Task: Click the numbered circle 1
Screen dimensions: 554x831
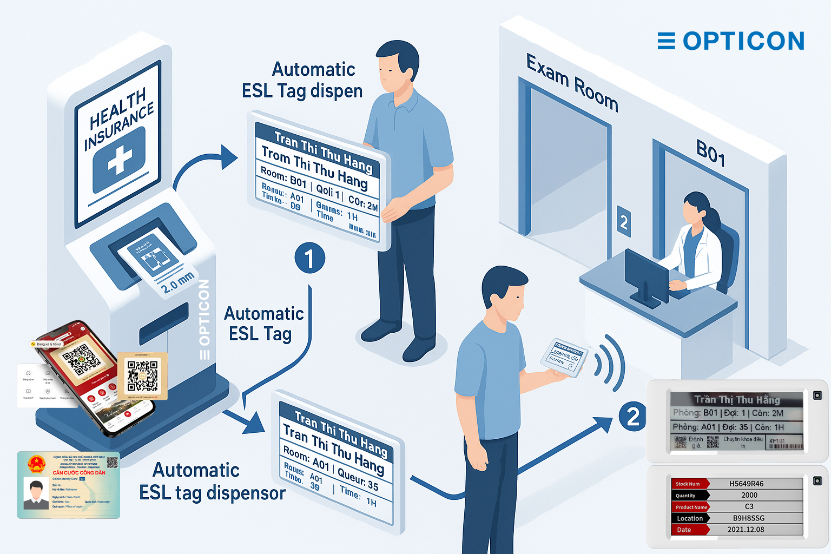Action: (309, 258)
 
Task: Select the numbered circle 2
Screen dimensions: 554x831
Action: (632, 417)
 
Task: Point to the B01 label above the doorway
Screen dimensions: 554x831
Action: (710, 153)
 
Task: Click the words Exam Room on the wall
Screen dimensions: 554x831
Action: (572, 83)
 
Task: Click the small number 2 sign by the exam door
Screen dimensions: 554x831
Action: (624, 221)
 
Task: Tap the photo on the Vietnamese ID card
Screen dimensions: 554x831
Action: (36, 493)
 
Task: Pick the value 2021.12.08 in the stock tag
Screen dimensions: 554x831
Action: (746, 530)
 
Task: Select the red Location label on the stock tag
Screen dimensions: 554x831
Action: (689, 518)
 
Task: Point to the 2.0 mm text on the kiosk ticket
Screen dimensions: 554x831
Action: (177, 282)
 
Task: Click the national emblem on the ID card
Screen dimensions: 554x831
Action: (36, 464)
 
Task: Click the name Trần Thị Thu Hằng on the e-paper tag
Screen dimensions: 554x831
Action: (737, 400)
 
